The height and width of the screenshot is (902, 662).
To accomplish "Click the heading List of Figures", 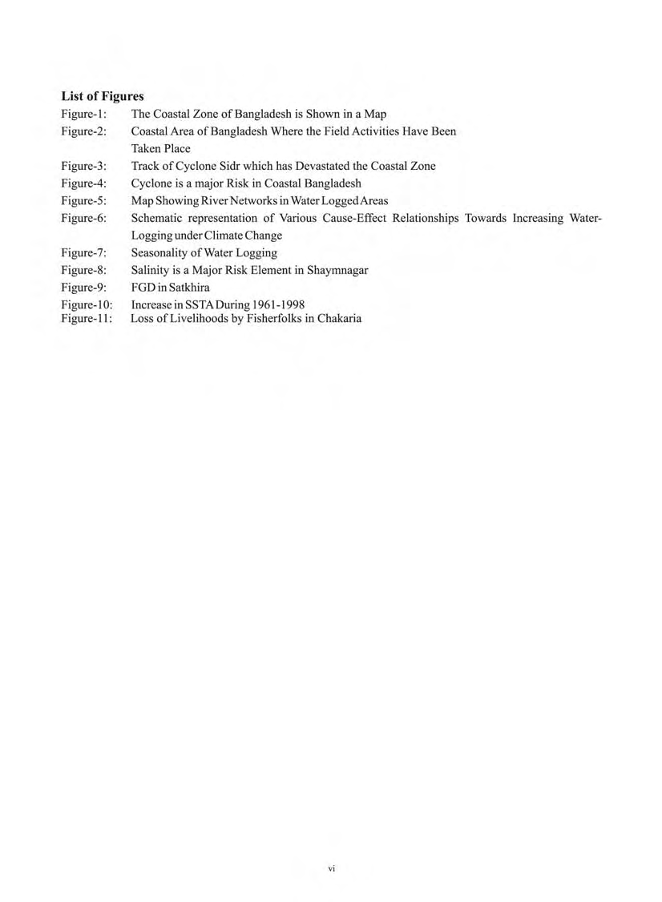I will (x=103, y=97).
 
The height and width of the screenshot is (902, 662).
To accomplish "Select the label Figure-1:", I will (x=84, y=115).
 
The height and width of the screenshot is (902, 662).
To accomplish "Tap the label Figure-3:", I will (x=84, y=166).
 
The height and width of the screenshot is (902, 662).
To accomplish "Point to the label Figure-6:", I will (x=84, y=218).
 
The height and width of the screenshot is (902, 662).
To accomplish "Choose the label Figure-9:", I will (x=84, y=288).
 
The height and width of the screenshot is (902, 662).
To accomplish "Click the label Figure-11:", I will (x=87, y=318).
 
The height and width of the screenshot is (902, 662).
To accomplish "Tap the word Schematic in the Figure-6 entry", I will (x=158, y=218).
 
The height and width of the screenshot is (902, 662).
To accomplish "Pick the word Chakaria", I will (x=339, y=318).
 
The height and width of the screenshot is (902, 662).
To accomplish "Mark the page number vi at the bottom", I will (x=332, y=868).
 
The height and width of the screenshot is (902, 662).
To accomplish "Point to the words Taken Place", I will (x=161, y=148).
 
